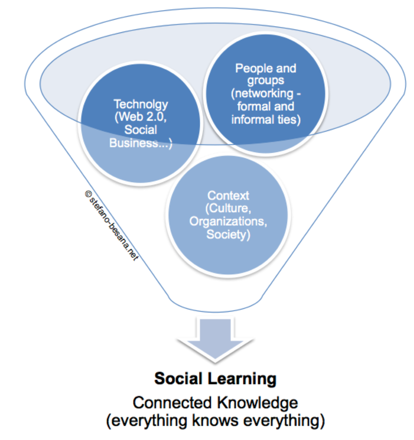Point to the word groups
(x=266, y=81)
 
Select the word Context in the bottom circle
(x=228, y=195)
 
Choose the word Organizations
(x=228, y=221)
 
